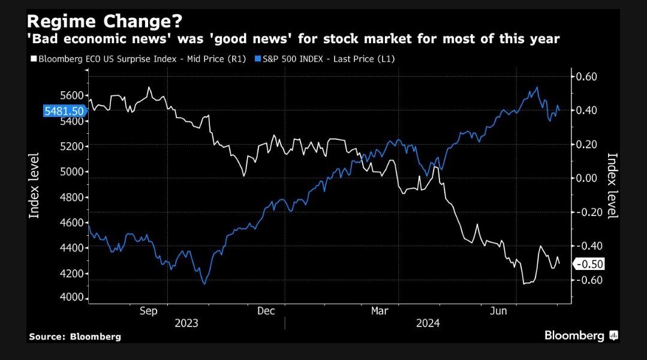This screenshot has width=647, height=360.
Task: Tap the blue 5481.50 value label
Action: click(64, 111)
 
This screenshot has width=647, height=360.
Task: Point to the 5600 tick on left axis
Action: click(73, 96)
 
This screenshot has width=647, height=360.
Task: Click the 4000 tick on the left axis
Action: click(73, 298)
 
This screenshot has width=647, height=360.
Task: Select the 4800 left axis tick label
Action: click(73, 197)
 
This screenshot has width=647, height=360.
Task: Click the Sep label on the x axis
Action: click(148, 311)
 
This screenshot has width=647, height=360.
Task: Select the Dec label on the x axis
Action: click(266, 311)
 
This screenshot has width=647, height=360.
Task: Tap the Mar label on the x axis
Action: click(380, 311)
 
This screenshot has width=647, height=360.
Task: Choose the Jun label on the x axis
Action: click(498, 311)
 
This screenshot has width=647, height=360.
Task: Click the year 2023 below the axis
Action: click(186, 323)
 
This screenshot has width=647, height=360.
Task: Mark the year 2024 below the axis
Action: click(428, 323)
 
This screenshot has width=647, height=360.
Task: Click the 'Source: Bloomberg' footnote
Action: click(75, 337)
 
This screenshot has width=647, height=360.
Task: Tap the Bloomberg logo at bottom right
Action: click(580, 335)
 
